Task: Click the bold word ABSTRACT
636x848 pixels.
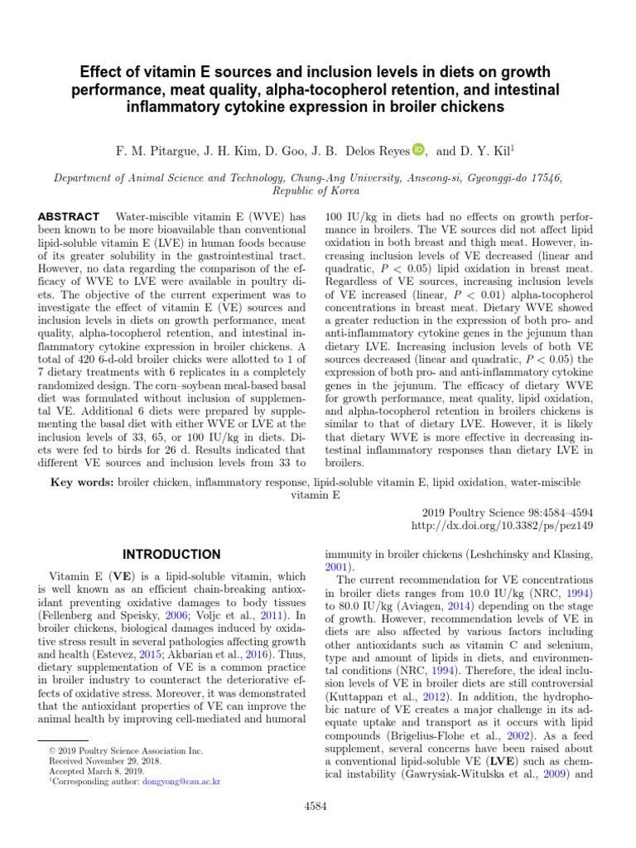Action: pos(70,216)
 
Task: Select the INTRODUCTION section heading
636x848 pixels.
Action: pos(171,554)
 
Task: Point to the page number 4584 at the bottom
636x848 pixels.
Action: pos(318,805)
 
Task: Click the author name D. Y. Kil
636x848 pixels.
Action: pos(494,152)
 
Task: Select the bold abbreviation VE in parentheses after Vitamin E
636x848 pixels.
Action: pos(123,575)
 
